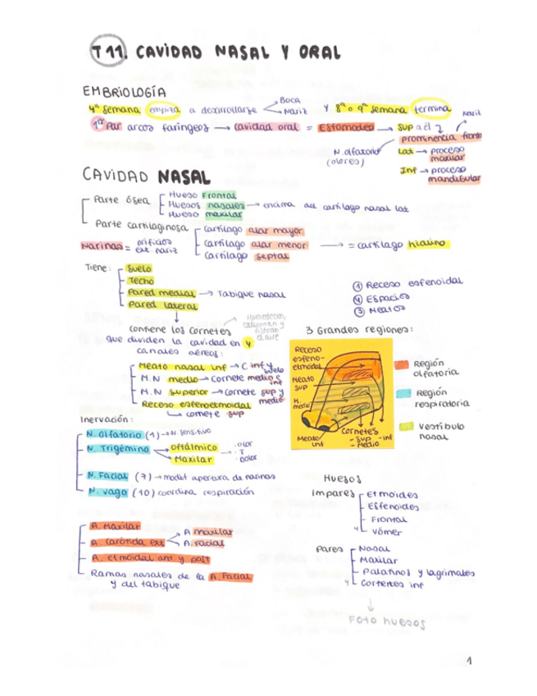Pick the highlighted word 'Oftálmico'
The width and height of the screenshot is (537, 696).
click(193, 446)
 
